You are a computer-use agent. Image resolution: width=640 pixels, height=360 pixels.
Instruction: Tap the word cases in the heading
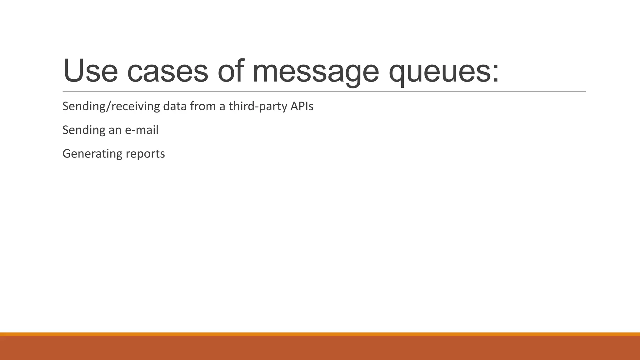(x=167, y=71)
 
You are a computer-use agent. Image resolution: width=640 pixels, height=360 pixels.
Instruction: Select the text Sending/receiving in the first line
(x=111, y=107)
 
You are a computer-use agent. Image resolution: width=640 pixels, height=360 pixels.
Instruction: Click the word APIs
(x=302, y=107)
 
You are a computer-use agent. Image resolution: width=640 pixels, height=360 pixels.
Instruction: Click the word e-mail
(x=142, y=130)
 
